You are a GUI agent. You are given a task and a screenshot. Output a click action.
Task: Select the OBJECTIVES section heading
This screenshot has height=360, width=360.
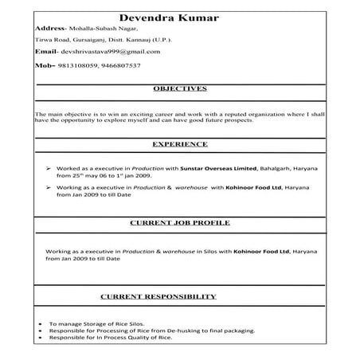tap(180, 88)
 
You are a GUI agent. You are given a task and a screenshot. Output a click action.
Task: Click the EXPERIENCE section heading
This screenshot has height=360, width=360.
tap(180, 144)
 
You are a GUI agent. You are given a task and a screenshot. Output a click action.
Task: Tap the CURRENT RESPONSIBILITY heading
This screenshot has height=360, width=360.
tap(158, 296)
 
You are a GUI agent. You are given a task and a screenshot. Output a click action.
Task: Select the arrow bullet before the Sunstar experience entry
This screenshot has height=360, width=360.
tap(49, 169)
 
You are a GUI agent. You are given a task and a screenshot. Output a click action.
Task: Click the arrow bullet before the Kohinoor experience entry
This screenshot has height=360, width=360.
tap(49, 188)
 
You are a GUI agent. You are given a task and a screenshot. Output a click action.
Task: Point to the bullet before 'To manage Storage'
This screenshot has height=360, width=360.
tap(40, 325)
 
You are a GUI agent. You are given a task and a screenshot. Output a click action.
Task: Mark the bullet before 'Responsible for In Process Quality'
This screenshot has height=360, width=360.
tap(40, 338)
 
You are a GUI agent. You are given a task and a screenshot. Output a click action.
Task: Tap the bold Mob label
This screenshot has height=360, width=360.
tap(45, 65)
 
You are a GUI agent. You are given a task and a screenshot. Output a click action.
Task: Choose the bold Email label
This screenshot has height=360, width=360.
tap(47, 52)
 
